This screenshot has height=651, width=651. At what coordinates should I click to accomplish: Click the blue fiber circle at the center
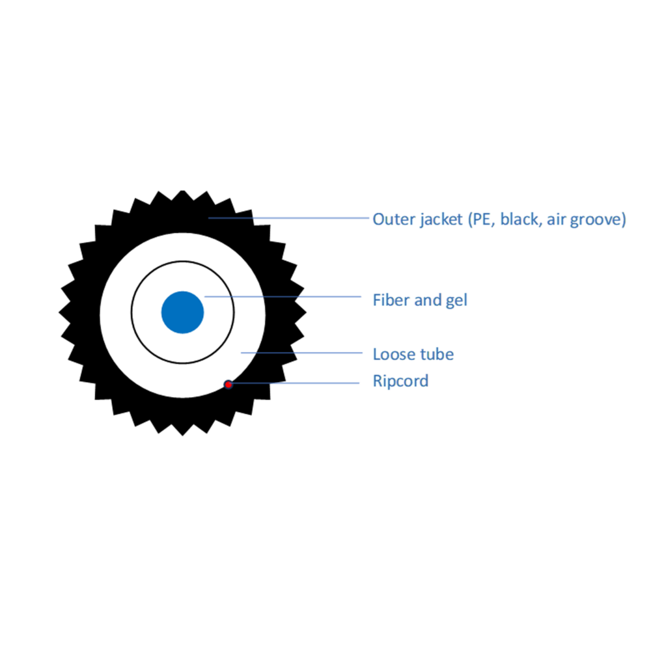pos(182,312)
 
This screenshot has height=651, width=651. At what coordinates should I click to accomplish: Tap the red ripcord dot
pos(228,385)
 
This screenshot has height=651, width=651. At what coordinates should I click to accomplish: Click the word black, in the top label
pos(521,219)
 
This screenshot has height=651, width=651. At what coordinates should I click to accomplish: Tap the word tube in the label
pos(438,354)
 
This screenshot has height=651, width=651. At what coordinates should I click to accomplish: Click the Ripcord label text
pos(400,381)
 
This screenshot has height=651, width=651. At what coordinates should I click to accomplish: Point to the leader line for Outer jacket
pos(288,217)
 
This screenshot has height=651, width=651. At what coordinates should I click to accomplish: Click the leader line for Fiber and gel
pos(283,296)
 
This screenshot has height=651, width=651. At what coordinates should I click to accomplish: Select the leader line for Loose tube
pos(302,353)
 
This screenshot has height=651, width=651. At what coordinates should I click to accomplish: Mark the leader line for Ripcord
pos(294,383)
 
